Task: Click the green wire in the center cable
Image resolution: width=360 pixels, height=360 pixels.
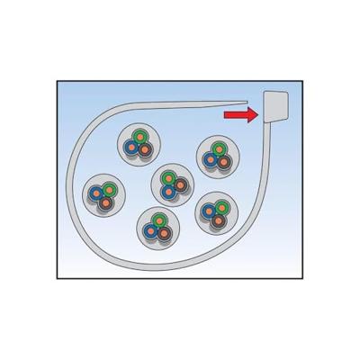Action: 169,175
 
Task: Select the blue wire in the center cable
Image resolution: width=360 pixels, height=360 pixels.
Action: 166,190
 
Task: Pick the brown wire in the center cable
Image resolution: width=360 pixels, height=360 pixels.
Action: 180,185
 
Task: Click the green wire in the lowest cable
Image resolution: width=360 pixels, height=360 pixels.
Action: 156,220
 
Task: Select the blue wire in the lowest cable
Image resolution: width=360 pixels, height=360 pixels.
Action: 149,234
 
